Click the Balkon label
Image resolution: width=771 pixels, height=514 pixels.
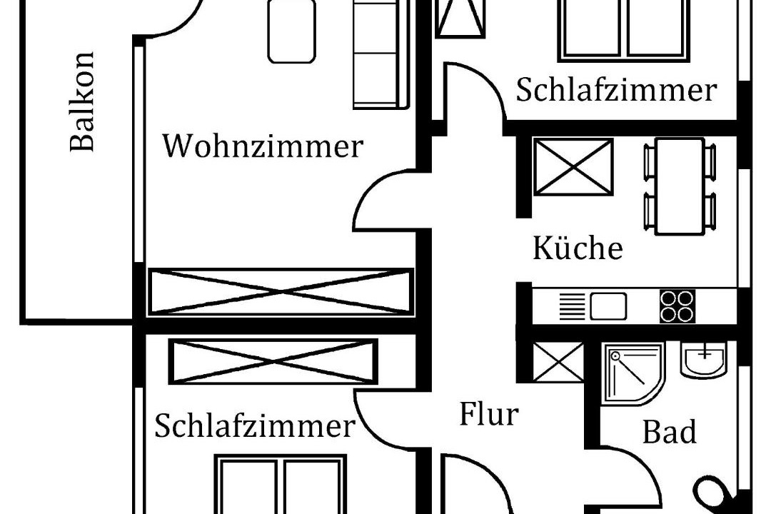pos(82,101)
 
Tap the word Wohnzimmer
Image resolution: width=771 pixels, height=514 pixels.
pos(263,146)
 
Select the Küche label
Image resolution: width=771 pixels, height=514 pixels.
pos(578,248)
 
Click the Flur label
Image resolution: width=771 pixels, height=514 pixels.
pos(488,414)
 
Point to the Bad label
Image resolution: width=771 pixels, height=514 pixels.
pos(669,433)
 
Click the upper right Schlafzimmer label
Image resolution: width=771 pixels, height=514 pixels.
pos(615,91)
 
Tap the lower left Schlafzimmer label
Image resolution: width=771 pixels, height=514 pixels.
pos(254,426)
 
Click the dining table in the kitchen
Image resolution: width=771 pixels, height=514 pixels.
pos(680,186)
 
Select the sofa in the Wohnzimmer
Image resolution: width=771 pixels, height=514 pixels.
pos(378,54)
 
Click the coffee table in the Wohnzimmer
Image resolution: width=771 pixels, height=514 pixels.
pos(291,31)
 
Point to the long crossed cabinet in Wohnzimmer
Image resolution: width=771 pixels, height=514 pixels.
pos(280,292)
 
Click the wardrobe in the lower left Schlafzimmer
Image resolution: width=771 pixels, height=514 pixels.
pos(273,361)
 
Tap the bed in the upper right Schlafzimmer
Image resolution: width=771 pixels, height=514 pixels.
pos(626,29)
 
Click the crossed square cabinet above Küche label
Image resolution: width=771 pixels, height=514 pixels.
pos(573,166)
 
